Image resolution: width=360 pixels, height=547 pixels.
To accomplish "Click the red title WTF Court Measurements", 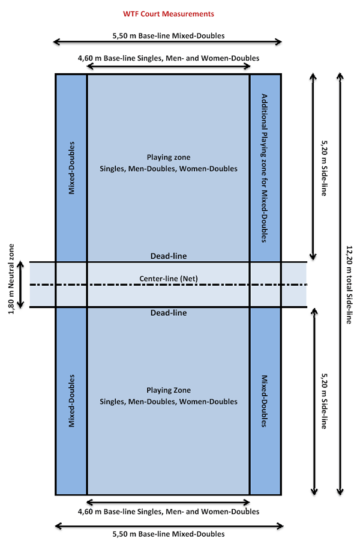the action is click(169, 14).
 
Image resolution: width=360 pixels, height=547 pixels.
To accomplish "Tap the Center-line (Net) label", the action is click(169, 279).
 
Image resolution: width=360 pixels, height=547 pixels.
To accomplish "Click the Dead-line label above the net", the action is click(169, 256).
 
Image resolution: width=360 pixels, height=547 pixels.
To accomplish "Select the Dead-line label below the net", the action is click(169, 313).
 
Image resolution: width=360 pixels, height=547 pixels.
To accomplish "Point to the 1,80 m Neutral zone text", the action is click(11, 279).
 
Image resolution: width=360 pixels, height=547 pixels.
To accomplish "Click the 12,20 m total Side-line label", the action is click(349, 285).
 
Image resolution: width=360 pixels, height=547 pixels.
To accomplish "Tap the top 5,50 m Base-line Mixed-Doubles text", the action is click(169, 35).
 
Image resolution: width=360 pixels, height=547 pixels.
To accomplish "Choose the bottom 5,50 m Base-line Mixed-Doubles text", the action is click(169, 534).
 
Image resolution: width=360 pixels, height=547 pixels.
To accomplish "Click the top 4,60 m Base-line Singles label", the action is click(169, 58).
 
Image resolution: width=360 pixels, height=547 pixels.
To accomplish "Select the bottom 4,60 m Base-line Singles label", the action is click(169, 512).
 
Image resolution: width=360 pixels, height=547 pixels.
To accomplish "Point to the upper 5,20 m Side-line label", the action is click(324, 168).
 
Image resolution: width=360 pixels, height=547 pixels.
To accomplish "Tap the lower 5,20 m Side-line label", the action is click(324, 401).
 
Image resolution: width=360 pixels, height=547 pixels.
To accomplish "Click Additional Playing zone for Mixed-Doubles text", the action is click(265, 168).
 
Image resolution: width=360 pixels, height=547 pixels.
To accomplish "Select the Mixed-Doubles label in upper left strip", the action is click(71, 168).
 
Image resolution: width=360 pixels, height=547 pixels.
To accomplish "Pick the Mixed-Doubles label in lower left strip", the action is click(71, 401).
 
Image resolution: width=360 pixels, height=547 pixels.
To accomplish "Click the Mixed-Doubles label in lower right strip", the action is click(265, 401).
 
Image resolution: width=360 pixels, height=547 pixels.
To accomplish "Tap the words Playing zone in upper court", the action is click(169, 157).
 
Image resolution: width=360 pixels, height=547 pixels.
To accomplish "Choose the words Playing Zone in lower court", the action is click(169, 390).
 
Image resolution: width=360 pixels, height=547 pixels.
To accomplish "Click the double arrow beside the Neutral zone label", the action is click(20, 285).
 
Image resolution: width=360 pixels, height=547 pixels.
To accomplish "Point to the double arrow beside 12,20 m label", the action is click(340, 284).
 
